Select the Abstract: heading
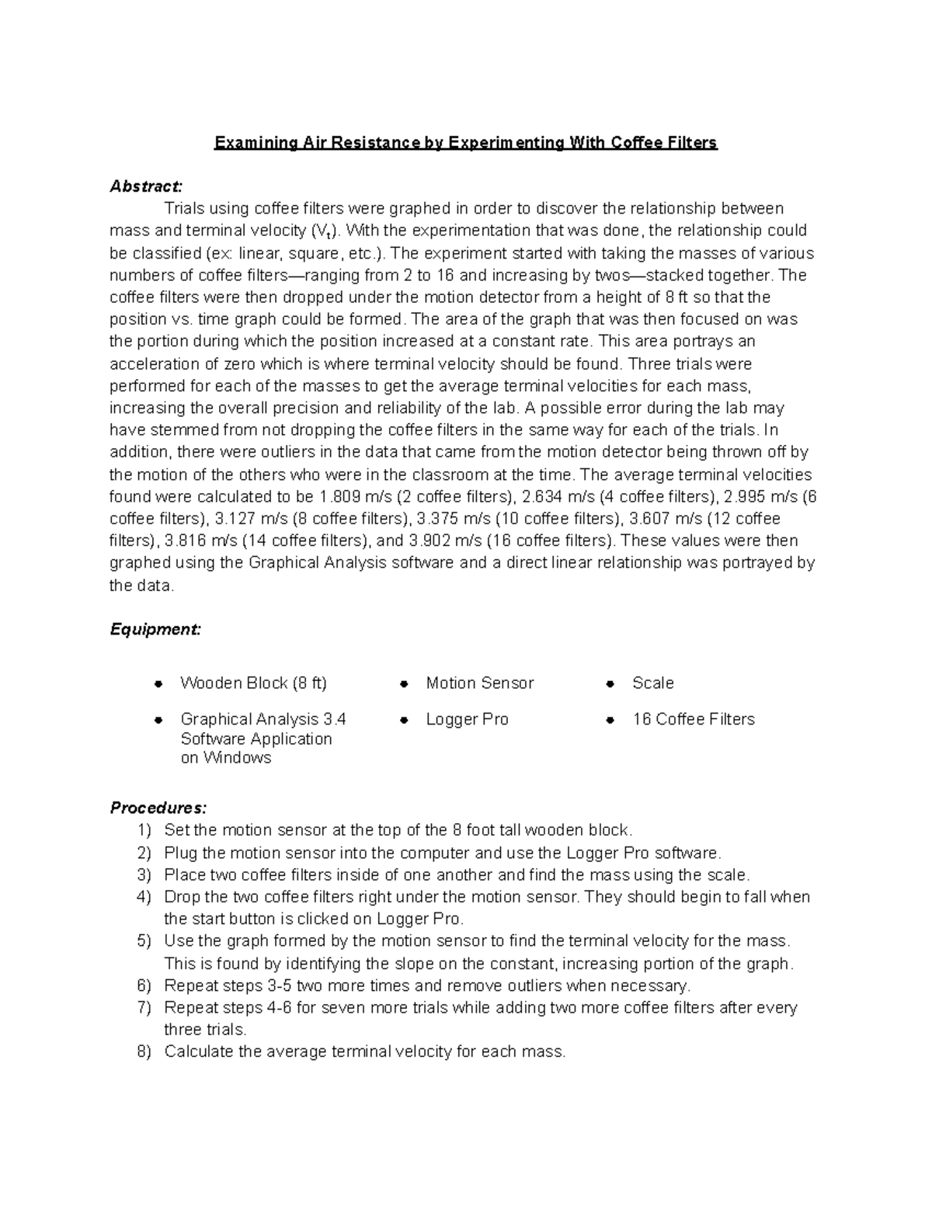146,186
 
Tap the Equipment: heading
155,630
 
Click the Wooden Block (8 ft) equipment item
253,683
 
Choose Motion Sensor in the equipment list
479,683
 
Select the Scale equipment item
652,683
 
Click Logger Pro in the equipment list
467,720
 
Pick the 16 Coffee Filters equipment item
693,720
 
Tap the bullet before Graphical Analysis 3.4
158,721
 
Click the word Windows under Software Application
237,758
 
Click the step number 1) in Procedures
144,831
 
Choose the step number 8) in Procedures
144,1052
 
